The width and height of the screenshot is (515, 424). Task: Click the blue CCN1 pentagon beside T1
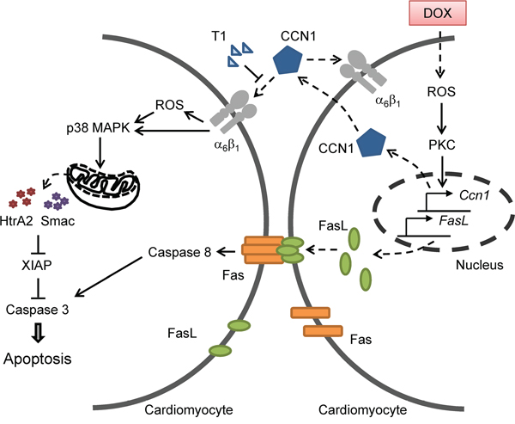[x=287, y=62]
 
